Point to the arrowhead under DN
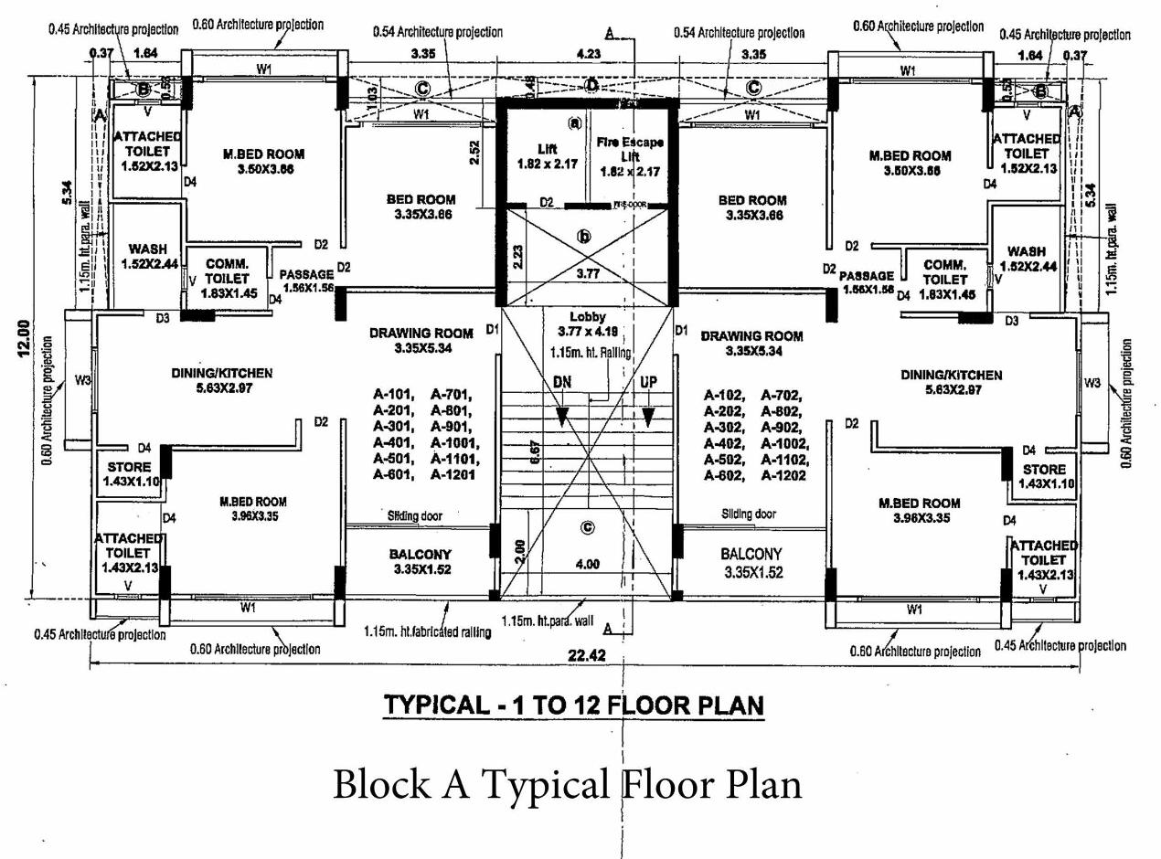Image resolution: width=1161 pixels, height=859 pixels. point(562,417)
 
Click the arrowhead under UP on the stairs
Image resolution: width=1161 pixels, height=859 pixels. point(648,417)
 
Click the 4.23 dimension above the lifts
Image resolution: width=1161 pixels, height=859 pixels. point(590,54)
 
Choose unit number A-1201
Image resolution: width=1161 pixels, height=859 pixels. point(454,475)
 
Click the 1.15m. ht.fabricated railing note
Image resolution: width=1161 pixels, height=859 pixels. point(427,631)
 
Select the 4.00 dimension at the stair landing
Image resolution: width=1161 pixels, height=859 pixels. point(587,564)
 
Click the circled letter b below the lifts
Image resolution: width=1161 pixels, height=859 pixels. point(584,237)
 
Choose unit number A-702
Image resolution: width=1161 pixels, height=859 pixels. point(782,395)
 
